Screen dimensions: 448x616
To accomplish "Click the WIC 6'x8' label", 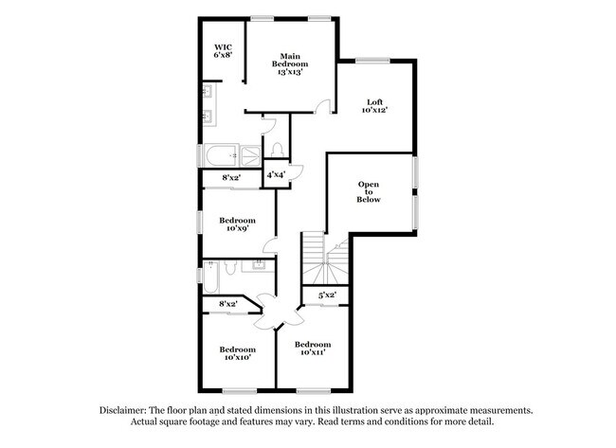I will coord(223,51).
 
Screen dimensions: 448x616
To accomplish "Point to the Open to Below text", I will coord(369,192).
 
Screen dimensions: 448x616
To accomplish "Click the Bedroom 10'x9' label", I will coord(237,224).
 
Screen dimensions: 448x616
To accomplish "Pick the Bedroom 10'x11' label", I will coord(312,349).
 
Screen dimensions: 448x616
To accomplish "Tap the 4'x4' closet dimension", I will coord(276,175).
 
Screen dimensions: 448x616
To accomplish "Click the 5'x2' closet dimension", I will coord(327,296).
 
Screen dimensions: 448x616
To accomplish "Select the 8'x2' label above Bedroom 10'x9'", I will coord(231,177).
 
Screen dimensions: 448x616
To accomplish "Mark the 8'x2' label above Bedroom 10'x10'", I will coord(228,303).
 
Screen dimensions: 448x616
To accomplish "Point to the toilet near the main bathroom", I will coord(277,150).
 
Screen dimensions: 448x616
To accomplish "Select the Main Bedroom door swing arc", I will coord(324,105).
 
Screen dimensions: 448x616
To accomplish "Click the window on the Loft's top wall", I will coord(371,62).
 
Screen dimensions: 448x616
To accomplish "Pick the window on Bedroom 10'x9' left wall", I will coord(199,220).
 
